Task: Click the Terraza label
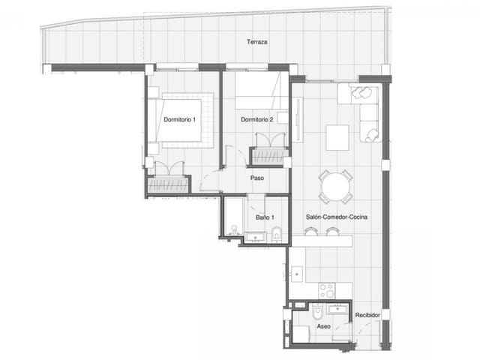[256, 43]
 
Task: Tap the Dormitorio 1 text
[180, 120]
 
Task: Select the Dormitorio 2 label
[256, 120]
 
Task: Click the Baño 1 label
[265, 217]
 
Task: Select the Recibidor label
[367, 315]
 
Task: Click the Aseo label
[323, 327]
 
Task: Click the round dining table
[335, 187]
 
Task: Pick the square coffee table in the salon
[337, 137]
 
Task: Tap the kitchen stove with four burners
[327, 290]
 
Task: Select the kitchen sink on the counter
[298, 274]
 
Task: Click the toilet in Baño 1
[277, 235]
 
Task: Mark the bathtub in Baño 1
[232, 217]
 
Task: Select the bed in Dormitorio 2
[259, 93]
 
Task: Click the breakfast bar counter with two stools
[322, 240]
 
